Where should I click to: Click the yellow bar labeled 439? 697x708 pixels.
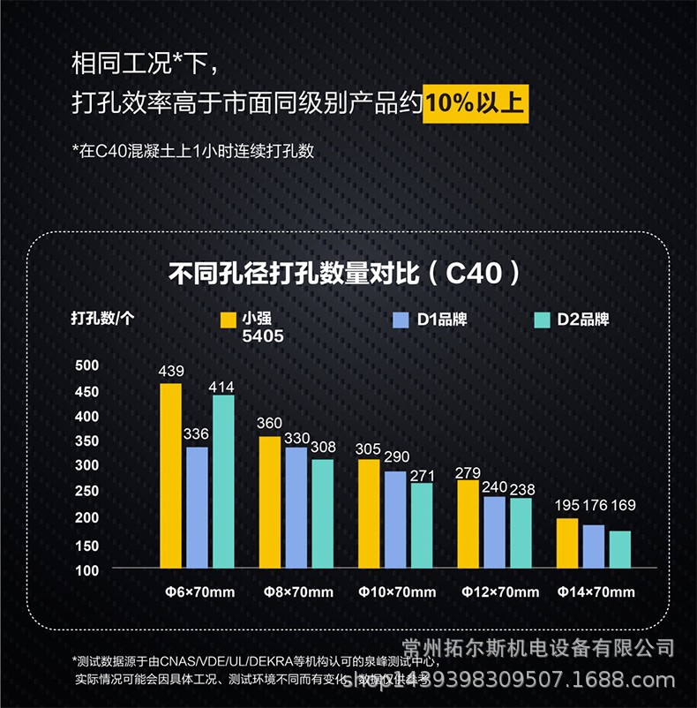point(171,475)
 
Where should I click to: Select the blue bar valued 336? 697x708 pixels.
point(197,507)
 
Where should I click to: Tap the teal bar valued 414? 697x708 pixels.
point(223,480)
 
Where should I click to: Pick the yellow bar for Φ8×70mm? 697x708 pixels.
point(270,501)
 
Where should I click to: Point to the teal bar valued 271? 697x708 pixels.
point(422,524)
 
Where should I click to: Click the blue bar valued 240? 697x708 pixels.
point(495,531)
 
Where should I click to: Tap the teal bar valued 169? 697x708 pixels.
point(620,548)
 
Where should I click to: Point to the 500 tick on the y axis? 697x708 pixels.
point(86,365)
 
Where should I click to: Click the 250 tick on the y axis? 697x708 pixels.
point(86,493)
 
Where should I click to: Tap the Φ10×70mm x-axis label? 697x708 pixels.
point(397,591)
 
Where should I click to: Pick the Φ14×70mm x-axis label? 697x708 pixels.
point(596,591)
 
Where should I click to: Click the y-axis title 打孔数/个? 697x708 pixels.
point(102,320)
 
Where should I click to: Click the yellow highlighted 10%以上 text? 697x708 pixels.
point(475,103)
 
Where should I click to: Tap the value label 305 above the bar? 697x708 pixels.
point(368,449)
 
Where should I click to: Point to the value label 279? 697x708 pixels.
point(468,472)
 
